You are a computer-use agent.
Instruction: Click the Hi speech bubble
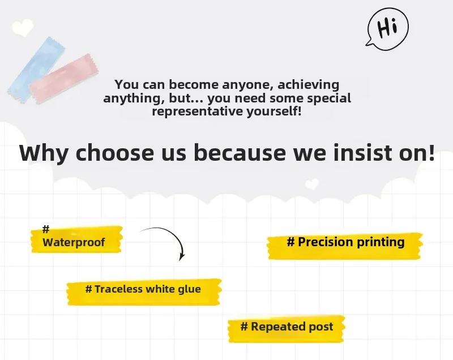coord(388,28)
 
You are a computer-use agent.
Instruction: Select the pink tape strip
coord(64,79)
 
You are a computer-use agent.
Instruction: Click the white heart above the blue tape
coord(23,27)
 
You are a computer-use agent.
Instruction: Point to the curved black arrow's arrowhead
coord(182,256)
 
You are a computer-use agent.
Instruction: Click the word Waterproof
coord(74,242)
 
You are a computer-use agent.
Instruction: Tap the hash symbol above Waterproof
coord(46,229)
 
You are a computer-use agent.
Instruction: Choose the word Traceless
coord(118,289)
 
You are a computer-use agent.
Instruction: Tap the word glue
coord(189,290)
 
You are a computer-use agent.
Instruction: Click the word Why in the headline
coord(44,153)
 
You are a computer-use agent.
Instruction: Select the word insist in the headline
coord(363,152)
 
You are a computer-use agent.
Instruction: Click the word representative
coord(198,111)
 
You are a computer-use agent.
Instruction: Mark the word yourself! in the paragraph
coord(274,112)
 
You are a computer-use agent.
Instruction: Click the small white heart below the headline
coord(312,184)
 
